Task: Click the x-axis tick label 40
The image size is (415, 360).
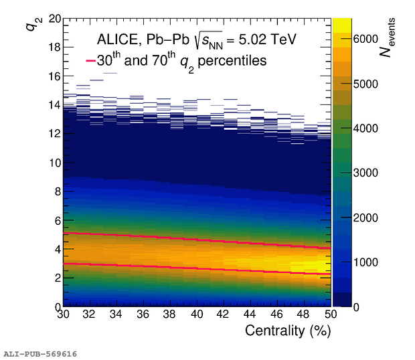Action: pos(197,315)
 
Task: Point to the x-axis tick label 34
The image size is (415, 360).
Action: pos(116,315)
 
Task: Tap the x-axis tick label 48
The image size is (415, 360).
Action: pos(304,315)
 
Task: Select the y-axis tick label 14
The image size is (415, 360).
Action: pos(52,105)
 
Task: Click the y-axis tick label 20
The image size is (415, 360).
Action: pos(52,19)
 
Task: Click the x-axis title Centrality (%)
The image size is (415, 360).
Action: pos(288,331)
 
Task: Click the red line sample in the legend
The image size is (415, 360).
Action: pos(91,61)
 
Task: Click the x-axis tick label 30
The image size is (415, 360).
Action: pos(63,315)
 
